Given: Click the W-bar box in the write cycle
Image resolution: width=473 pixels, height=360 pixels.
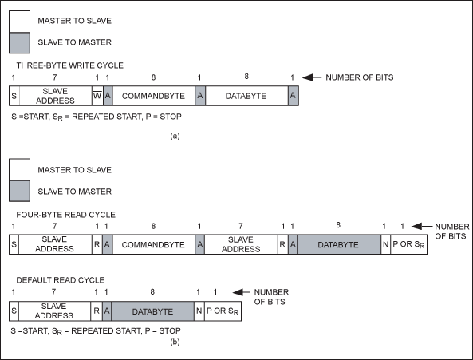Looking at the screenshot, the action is pos(97,96).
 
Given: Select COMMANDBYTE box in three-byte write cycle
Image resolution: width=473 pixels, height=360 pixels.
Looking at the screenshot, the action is pos(153,96).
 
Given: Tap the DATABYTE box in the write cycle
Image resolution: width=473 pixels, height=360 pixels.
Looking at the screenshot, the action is pos(246,96).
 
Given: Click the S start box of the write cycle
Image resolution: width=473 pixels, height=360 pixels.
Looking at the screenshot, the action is pos(14,96).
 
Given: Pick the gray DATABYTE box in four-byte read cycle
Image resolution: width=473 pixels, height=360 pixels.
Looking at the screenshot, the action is pos(339,244).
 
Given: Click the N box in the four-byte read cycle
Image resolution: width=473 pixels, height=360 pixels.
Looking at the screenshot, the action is pos(385,244).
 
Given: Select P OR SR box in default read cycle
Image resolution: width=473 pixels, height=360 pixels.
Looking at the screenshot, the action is pos(223,311).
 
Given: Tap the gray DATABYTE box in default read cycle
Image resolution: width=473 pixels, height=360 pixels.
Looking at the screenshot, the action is pos(152,311).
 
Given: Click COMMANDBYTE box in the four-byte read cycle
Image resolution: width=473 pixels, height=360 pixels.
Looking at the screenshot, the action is pos(153,244).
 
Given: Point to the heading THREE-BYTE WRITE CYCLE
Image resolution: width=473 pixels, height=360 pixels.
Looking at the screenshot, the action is pos(69,65).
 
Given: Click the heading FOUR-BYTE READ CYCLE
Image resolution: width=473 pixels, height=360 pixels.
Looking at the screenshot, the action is pos(65,215).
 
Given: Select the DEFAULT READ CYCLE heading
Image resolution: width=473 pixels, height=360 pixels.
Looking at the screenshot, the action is pos(61,280).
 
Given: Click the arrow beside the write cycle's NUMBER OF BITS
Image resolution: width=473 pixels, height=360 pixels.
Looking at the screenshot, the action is pos(312,77).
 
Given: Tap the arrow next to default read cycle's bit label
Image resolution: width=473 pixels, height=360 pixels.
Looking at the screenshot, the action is pos(242,292).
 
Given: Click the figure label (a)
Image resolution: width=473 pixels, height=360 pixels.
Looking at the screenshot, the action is pos(175,136).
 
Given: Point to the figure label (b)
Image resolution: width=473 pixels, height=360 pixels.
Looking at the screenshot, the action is pos(175,342).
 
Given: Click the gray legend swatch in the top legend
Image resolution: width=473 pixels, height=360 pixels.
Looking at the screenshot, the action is pos(19,43).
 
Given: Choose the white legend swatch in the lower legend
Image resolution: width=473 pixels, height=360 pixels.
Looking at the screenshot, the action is pos(19,169).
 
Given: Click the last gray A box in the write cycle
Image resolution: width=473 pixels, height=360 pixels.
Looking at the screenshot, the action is pos(294,96).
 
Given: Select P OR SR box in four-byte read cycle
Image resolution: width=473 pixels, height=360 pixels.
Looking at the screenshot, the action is pos(408,244).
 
